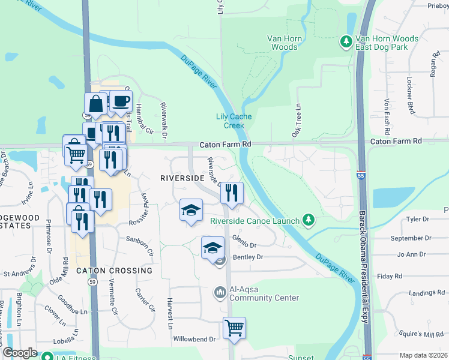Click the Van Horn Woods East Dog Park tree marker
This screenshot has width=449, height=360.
pyautogui.click(x=346, y=41)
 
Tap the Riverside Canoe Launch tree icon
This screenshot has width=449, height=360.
pyautogui.click(x=309, y=220)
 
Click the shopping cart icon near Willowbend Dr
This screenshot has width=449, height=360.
pyautogui.click(x=234, y=328)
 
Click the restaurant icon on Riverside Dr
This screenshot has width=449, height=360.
pyautogui.click(x=231, y=193)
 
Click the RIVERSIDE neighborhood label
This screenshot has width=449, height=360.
pyautogui.click(x=182, y=178)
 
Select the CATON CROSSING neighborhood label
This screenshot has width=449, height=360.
pyautogui.click(x=115, y=271)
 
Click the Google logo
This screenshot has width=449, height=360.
pyautogui.click(x=20, y=353)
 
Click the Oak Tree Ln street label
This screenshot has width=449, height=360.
pyautogui.click(x=297, y=121)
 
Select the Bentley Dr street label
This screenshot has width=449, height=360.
pyautogui.click(x=248, y=257)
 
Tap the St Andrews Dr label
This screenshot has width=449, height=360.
pyautogui.click(x=19, y=274)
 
